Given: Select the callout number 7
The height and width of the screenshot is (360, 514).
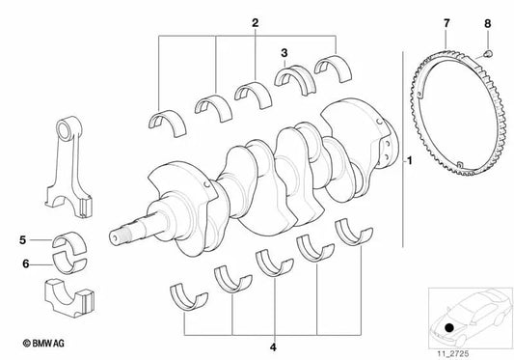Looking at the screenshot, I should (x=446, y=21).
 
